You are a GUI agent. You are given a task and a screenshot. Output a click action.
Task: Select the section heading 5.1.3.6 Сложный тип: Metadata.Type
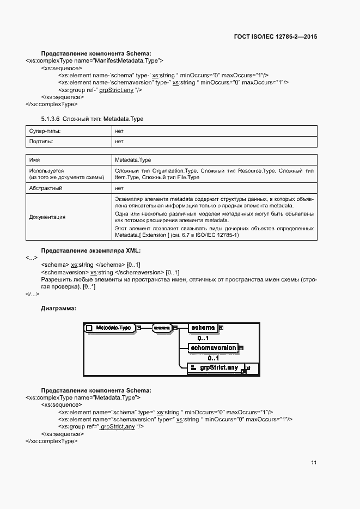point(92,118)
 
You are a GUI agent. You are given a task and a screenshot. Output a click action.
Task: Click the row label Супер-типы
point(45,131)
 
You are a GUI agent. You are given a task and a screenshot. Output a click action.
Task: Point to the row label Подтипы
point(42,142)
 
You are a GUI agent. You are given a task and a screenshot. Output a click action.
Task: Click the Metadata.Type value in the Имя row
point(133,161)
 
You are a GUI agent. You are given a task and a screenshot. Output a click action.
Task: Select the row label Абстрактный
point(45,188)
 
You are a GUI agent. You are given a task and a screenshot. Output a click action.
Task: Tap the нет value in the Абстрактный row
point(119,188)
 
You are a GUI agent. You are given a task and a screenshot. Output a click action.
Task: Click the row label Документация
point(47,217)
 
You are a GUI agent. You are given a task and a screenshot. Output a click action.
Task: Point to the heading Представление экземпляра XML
point(91,250)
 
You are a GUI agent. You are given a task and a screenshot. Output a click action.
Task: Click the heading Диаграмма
point(58,309)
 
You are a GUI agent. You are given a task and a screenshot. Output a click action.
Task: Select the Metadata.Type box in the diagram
point(109,328)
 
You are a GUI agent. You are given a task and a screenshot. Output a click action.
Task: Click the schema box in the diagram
point(203,328)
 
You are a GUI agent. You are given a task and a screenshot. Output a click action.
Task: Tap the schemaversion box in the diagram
point(212,347)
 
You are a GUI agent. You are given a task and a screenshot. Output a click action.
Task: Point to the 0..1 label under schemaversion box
point(198,358)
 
